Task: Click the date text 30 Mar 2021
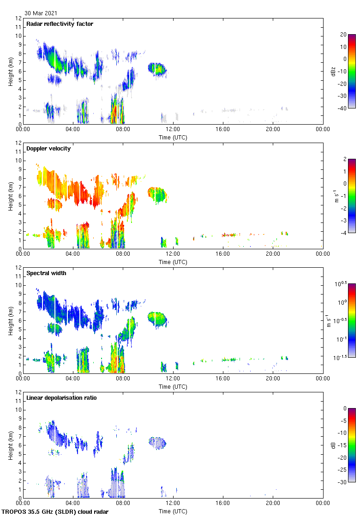click(41, 13)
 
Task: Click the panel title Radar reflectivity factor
click(60, 24)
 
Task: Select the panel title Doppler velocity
click(48, 149)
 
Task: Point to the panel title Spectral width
click(47, 273)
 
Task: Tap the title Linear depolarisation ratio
click(61, 398)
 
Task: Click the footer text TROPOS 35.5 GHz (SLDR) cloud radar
click(55, 511)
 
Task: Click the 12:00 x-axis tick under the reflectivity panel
click(173, 129)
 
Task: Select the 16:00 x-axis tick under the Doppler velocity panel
click(223, 254)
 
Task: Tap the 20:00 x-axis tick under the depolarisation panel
click(273, 503)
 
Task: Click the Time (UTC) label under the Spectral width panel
click(173, 386)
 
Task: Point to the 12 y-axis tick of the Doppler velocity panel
click(19, 143)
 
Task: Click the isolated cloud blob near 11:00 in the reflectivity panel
click(157, 69)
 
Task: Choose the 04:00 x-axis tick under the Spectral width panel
click(73, 379)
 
